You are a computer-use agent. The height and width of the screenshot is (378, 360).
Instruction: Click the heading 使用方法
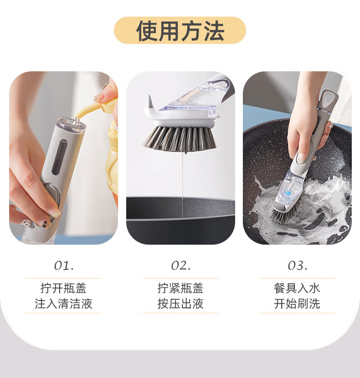point(180,31)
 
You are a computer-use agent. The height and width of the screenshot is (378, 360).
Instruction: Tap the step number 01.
point(64,266)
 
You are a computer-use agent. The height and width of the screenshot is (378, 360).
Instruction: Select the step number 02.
point(180,266)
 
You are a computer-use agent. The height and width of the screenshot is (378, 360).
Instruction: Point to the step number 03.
point(297,266)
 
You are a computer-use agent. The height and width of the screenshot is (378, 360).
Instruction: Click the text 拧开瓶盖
point(64,288)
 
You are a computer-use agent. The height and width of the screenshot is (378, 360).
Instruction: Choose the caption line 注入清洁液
point(64,304)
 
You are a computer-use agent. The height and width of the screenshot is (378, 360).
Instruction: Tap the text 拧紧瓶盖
point(180,288)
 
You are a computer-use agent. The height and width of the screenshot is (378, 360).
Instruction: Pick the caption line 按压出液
point(180,304)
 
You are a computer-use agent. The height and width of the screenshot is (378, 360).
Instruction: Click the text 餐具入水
point(297,288)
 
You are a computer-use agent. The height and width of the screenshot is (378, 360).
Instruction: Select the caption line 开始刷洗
point(297,304)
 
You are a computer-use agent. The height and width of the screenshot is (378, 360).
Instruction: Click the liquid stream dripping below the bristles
point(183,182)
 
